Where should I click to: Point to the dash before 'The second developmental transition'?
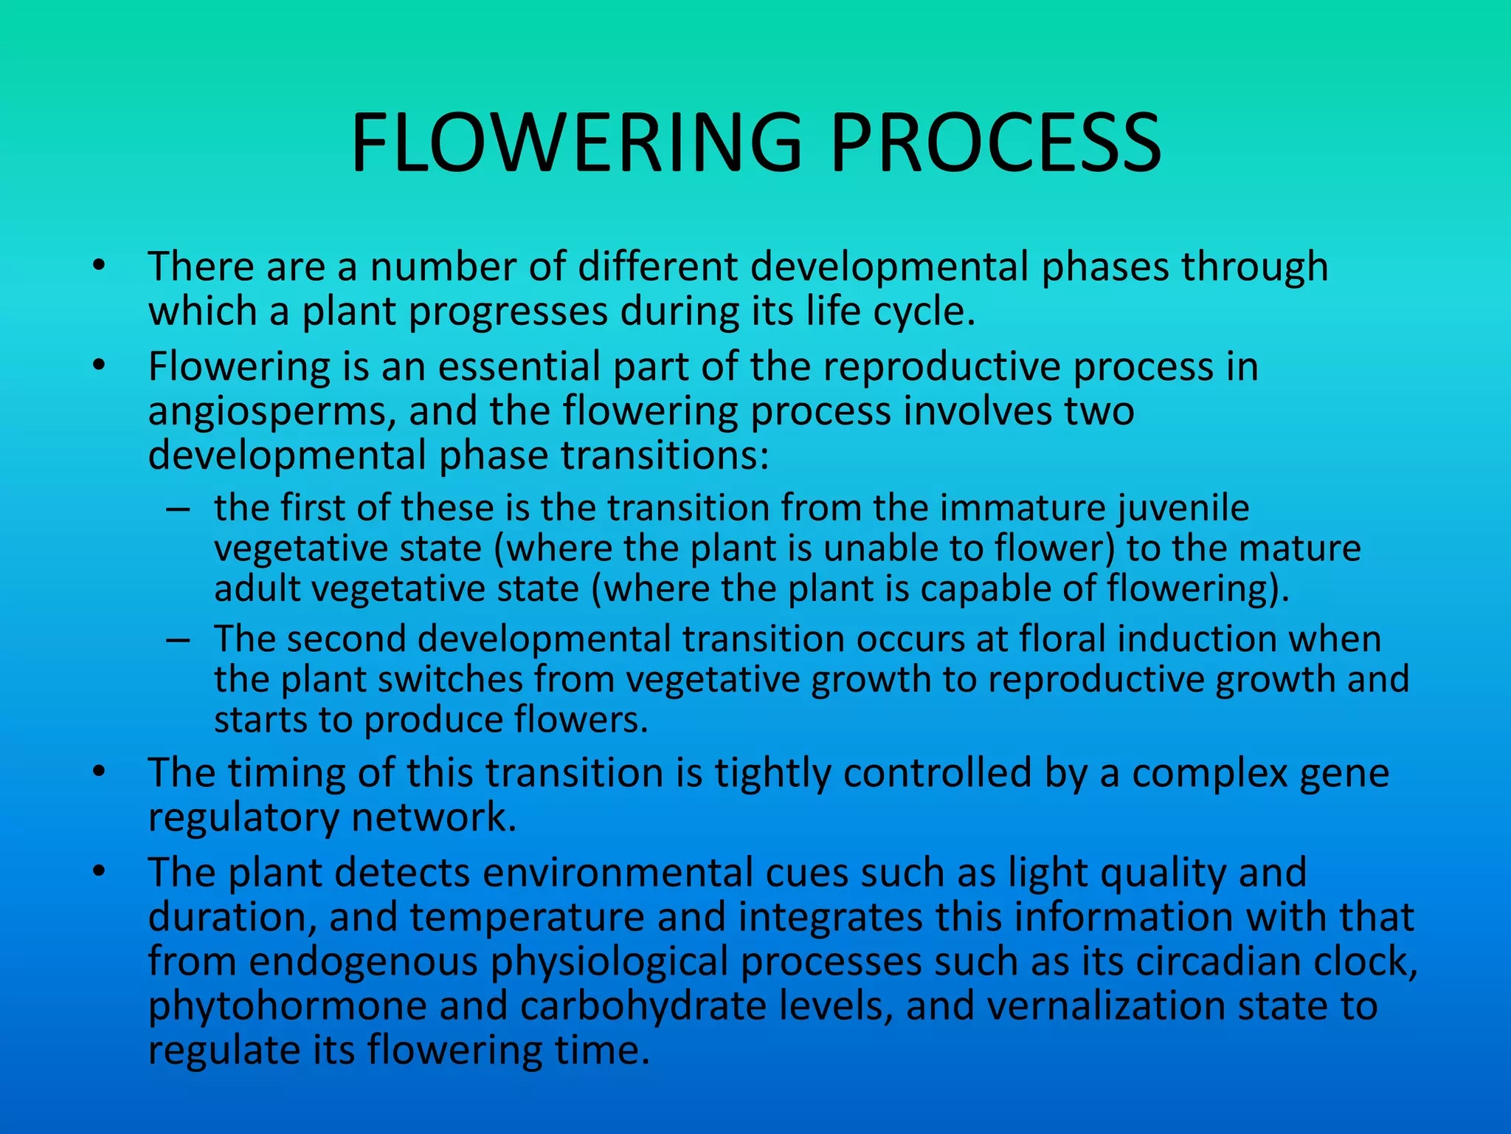point(178,639)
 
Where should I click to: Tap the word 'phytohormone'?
point(286,1007)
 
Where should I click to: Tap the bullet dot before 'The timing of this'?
point(100,773)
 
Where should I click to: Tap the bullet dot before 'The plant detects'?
point(100,873)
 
